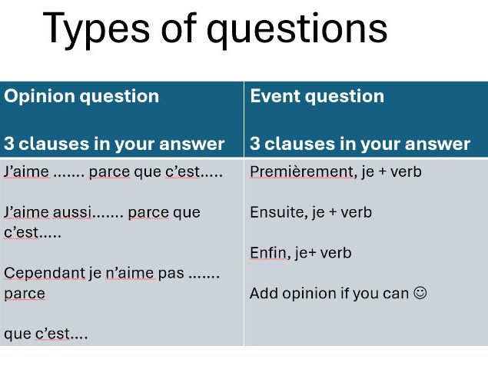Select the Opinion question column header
pyautogui.click(x=81, y=96)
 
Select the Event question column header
pyautogui.click(x=317, y=96)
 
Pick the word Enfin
pyautogui.click(x=267, y=253)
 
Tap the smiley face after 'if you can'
pyautogui.click(x=419, y=293)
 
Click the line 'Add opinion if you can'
pyautogui.click(x=330, y=293)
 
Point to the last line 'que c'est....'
pyautogui.click(x=45, y=334)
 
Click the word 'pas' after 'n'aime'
pyautogui.click(x=168, y=273)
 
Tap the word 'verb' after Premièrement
pyautogui.click(x=405, y=171)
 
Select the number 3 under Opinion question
pyautogui.click(x=9, y=144)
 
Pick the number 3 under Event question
pyautogui.click(x=255, y=144)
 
